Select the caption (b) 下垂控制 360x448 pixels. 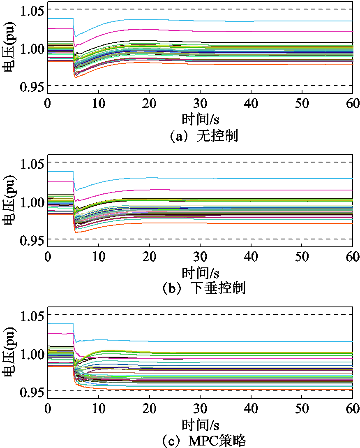pos(204,288)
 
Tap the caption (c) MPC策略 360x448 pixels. pos(204,441)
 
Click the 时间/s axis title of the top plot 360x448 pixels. pos(200,119)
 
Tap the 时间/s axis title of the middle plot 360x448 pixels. pos(200,272)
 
